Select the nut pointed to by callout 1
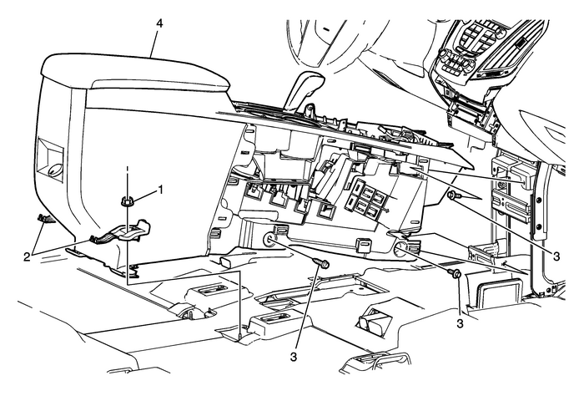coord(128,201)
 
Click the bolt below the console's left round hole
coord(323,265)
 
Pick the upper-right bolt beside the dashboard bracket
coord(451,195)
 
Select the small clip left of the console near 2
coord(42,220)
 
